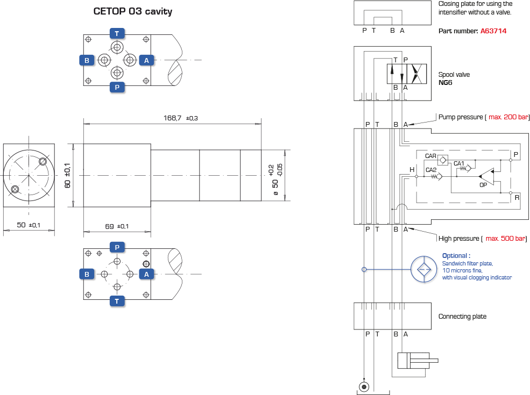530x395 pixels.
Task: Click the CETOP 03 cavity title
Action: point(132,11)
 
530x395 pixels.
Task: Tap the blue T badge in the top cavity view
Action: point(117,33)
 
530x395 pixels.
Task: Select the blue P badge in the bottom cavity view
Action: point(117,247)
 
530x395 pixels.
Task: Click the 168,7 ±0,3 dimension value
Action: point(180,118)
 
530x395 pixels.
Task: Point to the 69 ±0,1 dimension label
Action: point(117,226)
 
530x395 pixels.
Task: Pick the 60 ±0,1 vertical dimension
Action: point(68,175)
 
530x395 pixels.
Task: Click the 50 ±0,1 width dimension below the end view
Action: point(29,225)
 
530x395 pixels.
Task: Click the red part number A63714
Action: point(493,31)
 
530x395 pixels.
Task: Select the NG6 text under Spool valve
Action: point(445,83)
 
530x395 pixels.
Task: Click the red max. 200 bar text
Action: point(508,117)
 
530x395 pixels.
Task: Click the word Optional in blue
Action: point(456,256)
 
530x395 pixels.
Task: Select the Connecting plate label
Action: point(462,317)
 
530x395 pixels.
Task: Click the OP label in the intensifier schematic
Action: point(483,185)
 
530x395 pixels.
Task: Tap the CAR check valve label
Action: point(430,156)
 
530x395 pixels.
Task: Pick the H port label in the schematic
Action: point(412,169)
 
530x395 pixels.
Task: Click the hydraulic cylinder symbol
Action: point(418,361)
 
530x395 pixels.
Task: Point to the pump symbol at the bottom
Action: point(364,386)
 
